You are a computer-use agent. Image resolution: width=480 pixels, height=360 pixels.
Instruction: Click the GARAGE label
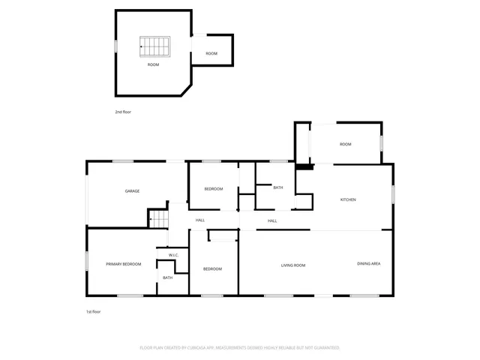tap(132, 191)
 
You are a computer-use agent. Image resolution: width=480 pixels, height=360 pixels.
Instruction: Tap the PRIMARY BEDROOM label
tap(123, 264)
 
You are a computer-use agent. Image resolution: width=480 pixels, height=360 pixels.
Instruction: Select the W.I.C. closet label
tap(173, 255)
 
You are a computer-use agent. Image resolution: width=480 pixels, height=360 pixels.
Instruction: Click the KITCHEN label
tap(348, 199)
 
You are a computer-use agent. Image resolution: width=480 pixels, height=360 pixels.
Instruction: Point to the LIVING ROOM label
tap(292, 265)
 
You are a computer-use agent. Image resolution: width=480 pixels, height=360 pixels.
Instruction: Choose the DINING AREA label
tap(368, 264)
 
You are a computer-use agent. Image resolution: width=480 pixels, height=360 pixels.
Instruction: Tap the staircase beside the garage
tap(159, 219)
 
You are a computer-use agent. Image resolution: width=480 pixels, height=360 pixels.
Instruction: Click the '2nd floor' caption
tap(123, 112)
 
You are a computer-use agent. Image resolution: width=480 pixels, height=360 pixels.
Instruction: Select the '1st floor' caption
tap(92, 311)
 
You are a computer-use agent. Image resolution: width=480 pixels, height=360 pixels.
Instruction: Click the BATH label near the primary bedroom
tap(167, 277)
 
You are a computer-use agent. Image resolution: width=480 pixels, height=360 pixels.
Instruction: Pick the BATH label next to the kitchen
tap(277, 187)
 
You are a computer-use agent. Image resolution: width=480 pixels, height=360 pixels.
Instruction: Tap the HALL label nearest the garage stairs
tap(200, 220)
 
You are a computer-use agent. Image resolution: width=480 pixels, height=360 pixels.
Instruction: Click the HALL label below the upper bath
tap(272, 220)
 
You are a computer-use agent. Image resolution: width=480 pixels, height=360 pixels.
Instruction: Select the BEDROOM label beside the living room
tap(212, 268)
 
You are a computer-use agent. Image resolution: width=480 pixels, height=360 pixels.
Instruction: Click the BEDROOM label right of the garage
tap(213, 189)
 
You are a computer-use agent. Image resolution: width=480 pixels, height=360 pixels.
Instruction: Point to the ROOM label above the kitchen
tap(345, 144)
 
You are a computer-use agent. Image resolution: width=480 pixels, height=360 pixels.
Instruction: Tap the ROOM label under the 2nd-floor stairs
tap(153, 65)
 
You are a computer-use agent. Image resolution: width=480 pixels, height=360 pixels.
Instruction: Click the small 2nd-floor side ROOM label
tap(211, 53)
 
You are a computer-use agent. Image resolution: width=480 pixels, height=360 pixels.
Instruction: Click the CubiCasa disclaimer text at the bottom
tap(240, 347)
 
